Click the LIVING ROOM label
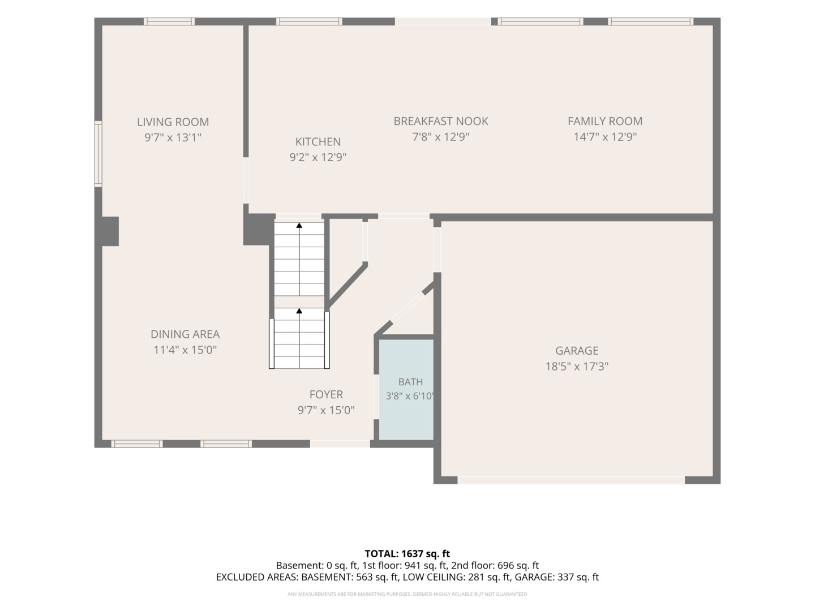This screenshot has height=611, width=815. click(173, 122)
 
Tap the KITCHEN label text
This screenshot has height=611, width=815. click(318, 141)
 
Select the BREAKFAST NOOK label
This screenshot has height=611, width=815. click(441, 121)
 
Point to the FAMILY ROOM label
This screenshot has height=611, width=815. click(605, 121)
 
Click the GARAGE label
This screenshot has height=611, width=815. click(577, 351)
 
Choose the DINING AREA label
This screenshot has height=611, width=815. click(185, 334)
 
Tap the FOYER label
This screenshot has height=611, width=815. click(326, 394)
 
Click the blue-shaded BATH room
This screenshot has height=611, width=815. click(406, 390)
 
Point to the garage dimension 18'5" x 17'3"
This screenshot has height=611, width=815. click(577, 367)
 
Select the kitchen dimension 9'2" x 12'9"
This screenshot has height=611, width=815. click(318, 157)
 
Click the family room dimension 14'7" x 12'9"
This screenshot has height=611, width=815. click(605, 137)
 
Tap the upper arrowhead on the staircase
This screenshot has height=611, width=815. click(299, 225)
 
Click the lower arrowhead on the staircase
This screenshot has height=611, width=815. click(299, 311)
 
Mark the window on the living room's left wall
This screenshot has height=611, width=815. click(98, 153)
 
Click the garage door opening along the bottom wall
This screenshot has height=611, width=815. click(571, 480)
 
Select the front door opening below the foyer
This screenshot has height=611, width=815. click(340, 444)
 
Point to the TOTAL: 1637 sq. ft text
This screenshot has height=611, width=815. click(407, 554)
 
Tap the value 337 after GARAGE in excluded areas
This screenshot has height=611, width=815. click(566, 577)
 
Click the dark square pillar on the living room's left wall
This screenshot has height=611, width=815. click(110, 231)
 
